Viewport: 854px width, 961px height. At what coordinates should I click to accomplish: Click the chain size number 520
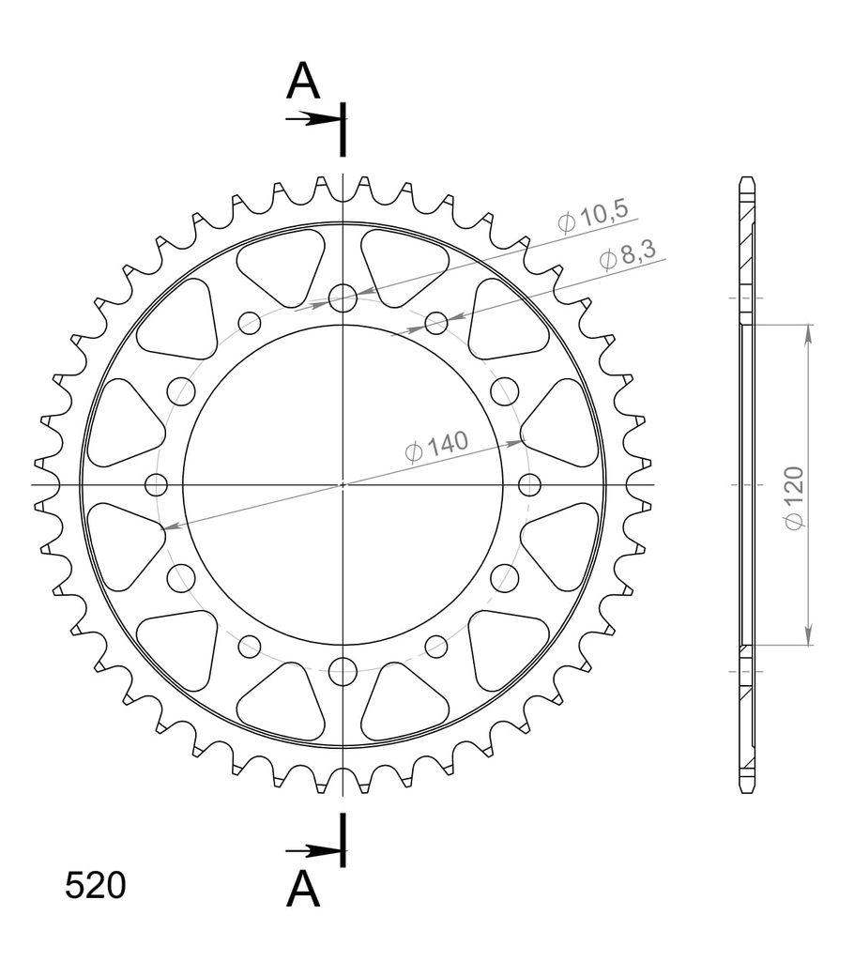[95, 886]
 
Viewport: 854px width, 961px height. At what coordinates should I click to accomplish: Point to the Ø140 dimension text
[437, 446]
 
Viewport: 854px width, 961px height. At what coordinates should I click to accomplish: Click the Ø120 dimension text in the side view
[795, 497]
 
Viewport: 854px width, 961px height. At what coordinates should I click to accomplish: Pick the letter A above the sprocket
[303, 83]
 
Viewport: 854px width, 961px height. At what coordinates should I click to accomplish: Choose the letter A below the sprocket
[303, 890]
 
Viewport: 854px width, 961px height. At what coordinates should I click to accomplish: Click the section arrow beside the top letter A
[313, 119]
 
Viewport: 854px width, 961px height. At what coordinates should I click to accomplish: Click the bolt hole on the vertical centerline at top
[343, 298]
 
